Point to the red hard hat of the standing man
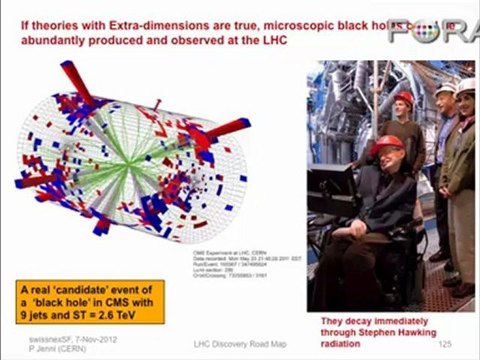(x=403, y=98)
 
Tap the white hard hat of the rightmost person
(x=465, y=87)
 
